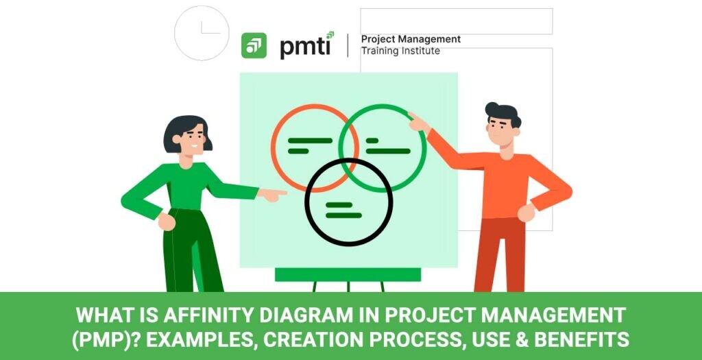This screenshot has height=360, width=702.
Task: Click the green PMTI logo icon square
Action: (x=254, y=45)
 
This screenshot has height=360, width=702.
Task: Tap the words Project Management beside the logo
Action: (x=411, y=39)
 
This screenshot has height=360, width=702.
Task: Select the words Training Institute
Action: (x=400, y=51)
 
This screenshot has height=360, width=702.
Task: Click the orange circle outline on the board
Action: (x=271, y=147)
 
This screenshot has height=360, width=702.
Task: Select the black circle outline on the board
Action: (x=306, y=202)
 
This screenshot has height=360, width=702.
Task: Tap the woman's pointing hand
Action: (x=273, y=195)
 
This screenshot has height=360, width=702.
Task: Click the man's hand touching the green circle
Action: (x=419, y=122)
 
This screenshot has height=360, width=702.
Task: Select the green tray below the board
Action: (x=348, y=274)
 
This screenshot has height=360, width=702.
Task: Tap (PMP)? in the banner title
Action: (x=105, y=340)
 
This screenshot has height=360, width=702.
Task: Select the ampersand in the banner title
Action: (x=522, y=340)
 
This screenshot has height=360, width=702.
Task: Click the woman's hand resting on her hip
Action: (x=166, y=221)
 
